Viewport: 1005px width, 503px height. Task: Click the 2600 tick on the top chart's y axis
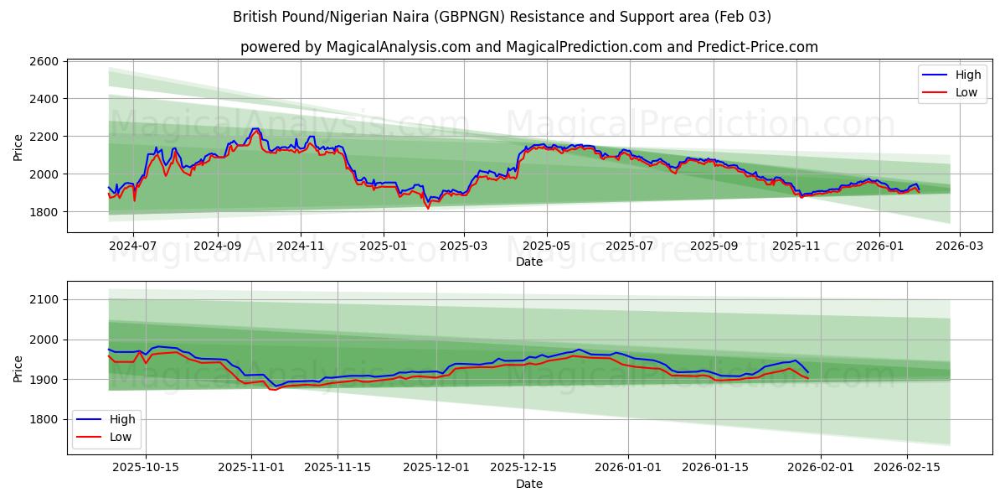(x=43, y=61)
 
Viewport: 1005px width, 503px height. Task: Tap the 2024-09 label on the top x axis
(x=217, y=246)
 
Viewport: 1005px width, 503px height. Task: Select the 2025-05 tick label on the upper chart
(x=547, y=246)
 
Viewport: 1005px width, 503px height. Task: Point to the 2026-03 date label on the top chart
(x=959, y=246)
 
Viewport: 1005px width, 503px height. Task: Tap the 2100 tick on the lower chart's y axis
(x=43, y=299)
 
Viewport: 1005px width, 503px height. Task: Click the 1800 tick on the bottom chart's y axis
(x=43, y=419)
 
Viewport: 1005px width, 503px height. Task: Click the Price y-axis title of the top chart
(x=18, y=148)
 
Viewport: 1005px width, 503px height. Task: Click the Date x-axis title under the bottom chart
(x=528, y=484)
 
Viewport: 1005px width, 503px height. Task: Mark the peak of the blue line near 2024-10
(x=255, y=129)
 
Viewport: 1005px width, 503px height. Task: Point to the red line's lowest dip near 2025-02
(x=428, y=208)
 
